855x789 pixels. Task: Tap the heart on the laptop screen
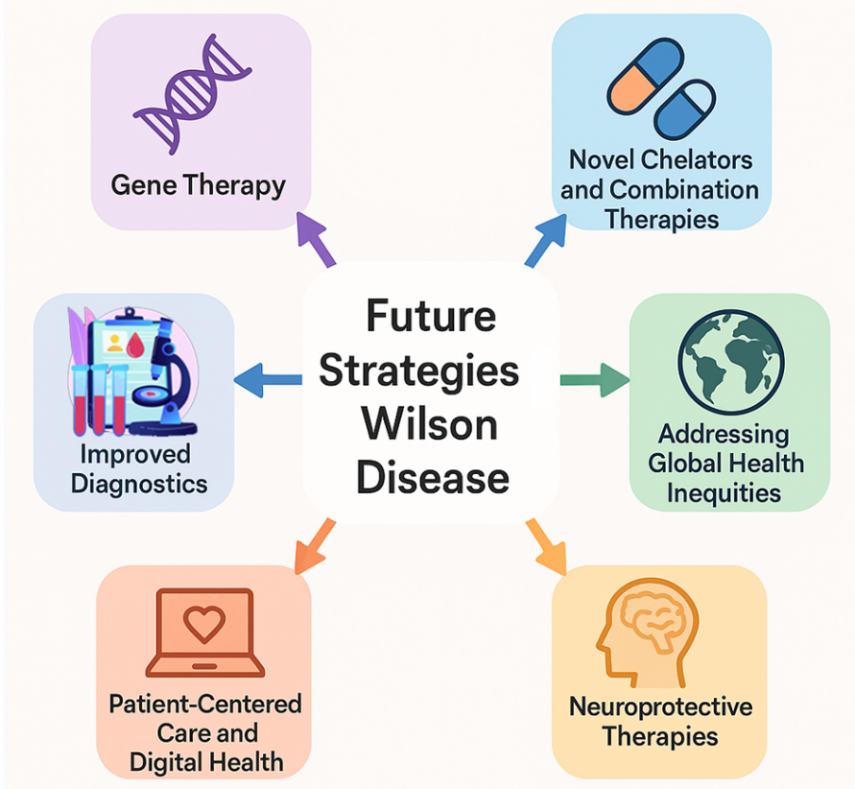point(202,625)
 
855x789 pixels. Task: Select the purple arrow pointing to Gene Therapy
point(318,239)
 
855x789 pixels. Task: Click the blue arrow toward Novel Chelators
point(547,239)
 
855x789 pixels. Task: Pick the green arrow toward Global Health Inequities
point(594,381)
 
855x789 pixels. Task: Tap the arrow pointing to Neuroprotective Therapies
point(546,541)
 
